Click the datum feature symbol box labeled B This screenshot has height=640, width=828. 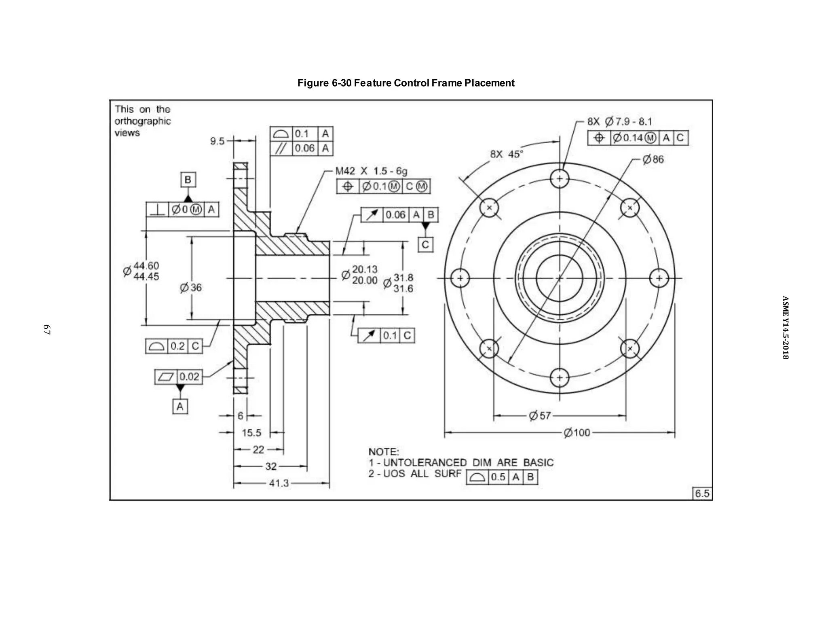point(188,180)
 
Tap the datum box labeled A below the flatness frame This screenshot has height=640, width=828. point(180,406)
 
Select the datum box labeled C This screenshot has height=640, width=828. point(425,245)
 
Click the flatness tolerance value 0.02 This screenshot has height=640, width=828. point(189,377)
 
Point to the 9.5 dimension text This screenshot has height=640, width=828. point(217,141)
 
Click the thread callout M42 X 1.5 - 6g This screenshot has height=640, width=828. point(371,171)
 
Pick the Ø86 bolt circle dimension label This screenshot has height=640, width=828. point(653,159)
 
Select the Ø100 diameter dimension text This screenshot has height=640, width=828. point(577,433)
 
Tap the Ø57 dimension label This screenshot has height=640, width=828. point(540,415)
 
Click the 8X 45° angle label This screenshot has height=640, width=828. point(507,154)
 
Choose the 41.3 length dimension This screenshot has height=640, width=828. point(279,483)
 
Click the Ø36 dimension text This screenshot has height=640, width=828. point(191,288)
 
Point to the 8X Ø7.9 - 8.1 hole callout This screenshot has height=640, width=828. point(619,121)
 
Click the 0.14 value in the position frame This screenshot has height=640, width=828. point(633,138)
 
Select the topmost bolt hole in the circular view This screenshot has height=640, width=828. point(560,178)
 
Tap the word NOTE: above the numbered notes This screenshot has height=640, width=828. point(383,451)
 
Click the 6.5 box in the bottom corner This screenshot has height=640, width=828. point(702,494)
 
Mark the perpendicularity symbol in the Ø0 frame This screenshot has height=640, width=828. point(157,210)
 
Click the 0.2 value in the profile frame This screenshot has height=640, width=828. point(177,346)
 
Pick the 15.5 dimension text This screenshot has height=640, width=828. point(251,433)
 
